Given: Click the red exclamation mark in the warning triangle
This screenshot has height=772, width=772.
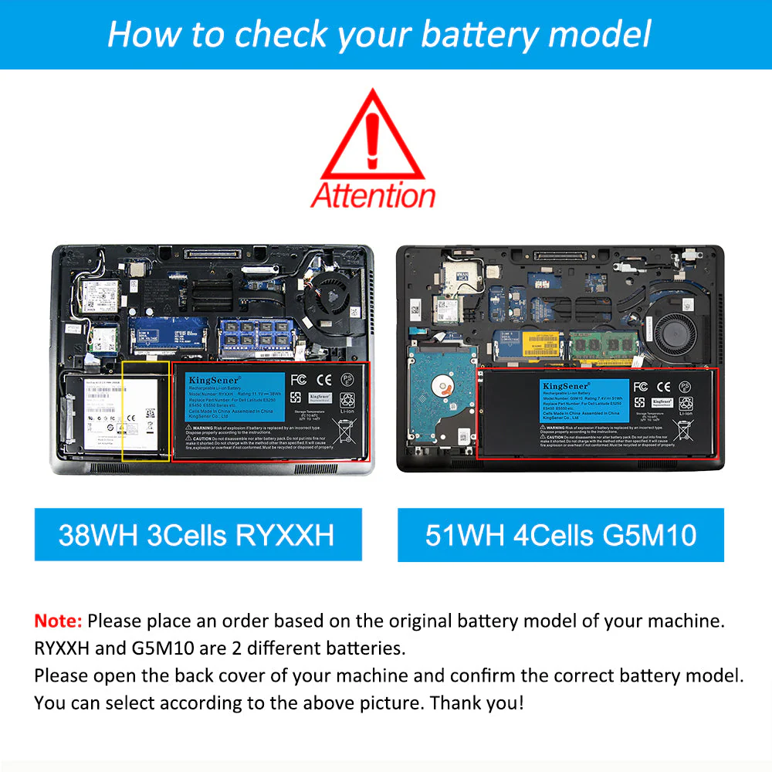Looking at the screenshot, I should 374,133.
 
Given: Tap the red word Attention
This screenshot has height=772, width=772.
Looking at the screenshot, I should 374,195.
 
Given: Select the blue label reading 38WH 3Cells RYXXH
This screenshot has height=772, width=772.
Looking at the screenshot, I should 198,534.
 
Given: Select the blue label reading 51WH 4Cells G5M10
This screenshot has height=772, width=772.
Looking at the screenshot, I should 560,534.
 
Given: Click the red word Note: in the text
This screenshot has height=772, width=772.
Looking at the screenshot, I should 58,621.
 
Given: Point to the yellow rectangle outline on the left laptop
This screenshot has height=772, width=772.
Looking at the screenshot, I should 146,411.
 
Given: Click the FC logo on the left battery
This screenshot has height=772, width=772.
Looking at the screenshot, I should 299,380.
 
